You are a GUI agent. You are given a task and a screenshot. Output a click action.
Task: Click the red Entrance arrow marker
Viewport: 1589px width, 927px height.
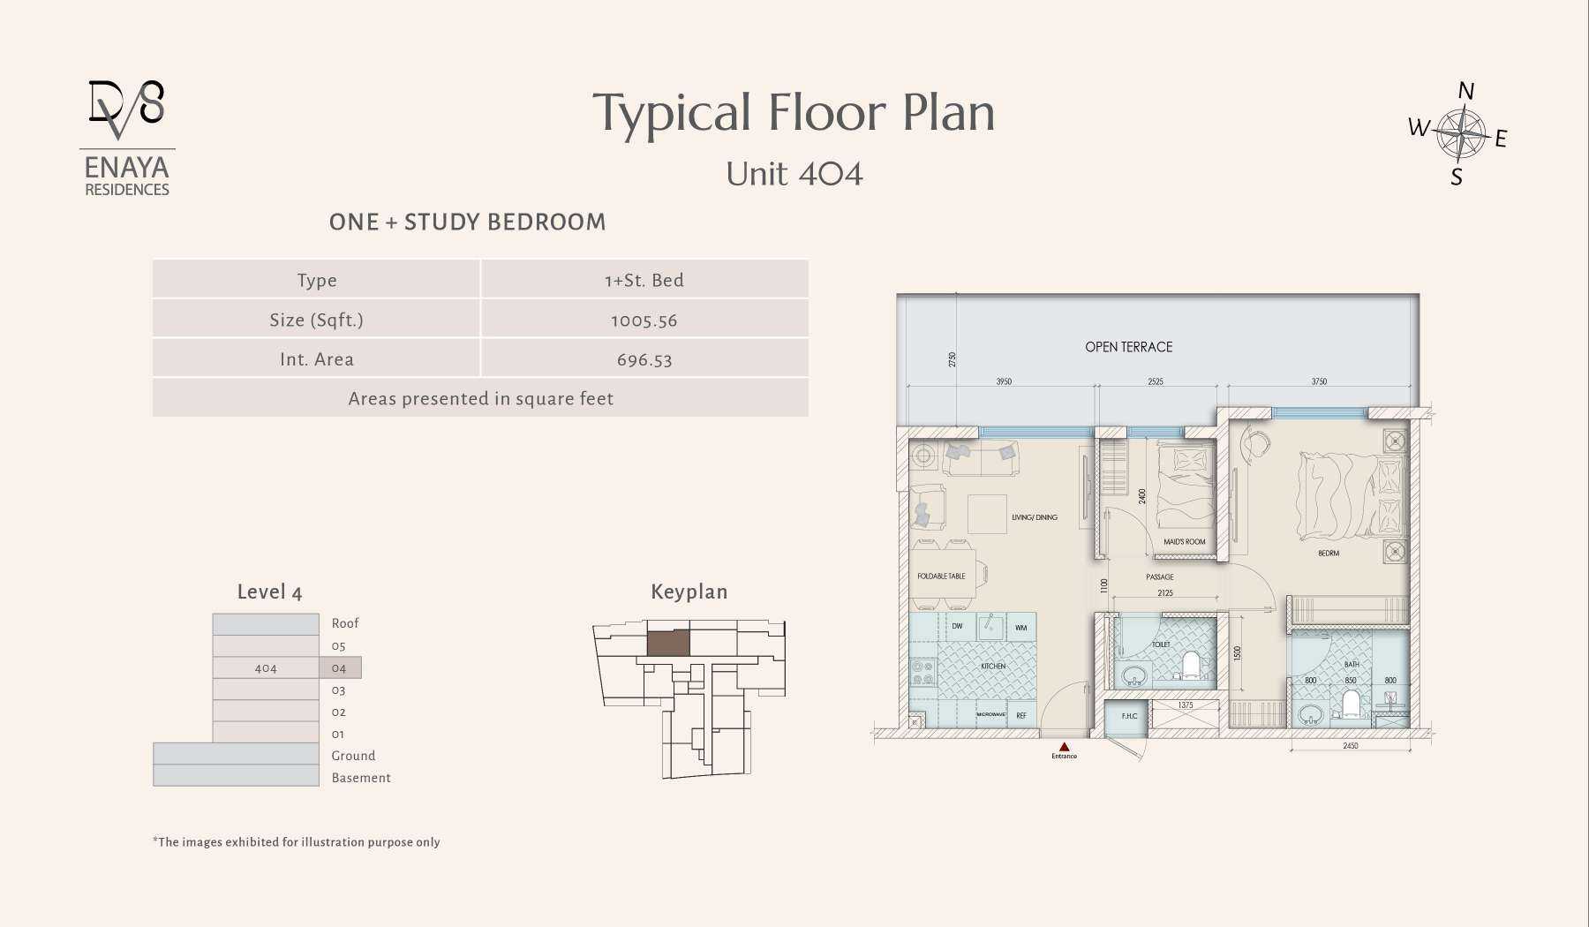(x=1064, y=747)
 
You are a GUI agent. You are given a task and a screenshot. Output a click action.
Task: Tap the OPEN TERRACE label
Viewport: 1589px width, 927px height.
(x=1128, y=347)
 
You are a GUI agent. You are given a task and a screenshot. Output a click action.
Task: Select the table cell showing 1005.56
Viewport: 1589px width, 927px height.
(x=644, y=320)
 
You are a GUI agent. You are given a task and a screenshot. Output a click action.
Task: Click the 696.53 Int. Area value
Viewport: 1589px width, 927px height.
(x=644, y=360)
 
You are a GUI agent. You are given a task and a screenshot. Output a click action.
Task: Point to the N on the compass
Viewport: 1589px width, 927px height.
(x=1465, y=91)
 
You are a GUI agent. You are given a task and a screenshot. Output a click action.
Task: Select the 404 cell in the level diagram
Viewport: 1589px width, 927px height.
(x=266, y=668)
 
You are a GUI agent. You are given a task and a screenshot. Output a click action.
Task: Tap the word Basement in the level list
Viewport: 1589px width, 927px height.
(x=360, y=778)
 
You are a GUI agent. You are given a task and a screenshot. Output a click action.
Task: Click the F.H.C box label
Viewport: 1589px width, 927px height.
(x=1129, y=716)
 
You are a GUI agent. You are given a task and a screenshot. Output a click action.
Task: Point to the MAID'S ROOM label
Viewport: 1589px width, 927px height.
(x=1184, y=542)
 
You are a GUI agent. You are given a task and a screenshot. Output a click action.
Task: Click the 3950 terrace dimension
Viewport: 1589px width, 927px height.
(x=1004, y=382)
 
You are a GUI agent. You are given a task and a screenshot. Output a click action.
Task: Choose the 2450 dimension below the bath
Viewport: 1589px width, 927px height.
(x=1350, y=746)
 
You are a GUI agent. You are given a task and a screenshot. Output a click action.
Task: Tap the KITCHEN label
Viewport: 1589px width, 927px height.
(x=993, y=666)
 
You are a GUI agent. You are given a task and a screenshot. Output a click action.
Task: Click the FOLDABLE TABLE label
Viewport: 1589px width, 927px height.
(x=941, y=577)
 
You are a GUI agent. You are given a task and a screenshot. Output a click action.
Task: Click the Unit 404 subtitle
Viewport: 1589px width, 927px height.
(x=794, y=174)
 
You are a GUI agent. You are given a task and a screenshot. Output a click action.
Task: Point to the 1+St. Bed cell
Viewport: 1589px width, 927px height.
(x=644, y=281)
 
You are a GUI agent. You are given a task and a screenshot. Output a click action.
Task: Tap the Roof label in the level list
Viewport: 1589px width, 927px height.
(x=344, y=623)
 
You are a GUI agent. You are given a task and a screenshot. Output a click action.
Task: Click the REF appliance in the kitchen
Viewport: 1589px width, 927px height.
(x=1021, y=715)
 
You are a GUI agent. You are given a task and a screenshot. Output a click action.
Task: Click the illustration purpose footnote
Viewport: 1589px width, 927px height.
(x=297, y=842)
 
